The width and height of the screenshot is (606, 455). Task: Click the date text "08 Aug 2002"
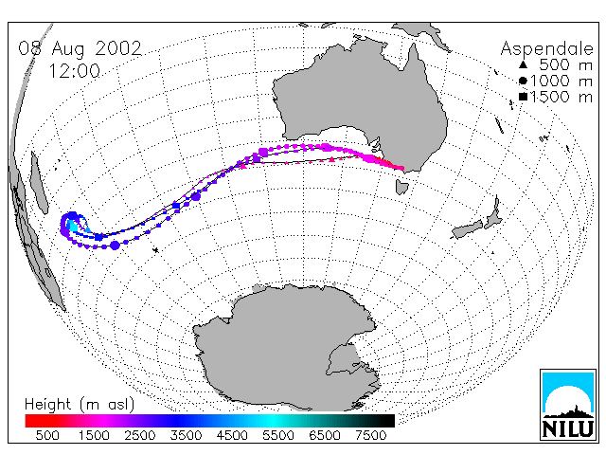point(80,48)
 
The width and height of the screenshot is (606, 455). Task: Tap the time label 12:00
point(75,71)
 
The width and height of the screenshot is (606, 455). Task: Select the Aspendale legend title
point(547,49)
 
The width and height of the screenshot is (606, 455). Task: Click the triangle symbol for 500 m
point(523,64)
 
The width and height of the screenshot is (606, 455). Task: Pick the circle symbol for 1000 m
point(523,81)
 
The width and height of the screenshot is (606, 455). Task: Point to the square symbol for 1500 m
point(523,97)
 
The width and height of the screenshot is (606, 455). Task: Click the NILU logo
point(568,405)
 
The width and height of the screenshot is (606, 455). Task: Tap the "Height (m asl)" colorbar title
point(80,405)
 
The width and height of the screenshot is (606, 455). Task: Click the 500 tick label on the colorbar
point(47,435)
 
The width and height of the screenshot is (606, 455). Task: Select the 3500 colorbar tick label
point(186,435)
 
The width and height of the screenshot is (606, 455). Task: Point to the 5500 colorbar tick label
point(278,435)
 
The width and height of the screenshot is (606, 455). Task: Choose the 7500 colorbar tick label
point(370,435)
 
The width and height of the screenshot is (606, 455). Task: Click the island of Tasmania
point(401,187)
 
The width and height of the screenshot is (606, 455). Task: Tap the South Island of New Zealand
point(467,229)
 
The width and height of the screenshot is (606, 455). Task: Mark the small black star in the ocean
point(155,250)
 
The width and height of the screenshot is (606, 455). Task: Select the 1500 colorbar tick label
point(94,435)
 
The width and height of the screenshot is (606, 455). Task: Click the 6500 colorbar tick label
point(325,435)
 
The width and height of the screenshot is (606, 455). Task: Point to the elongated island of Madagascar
point(39,183)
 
